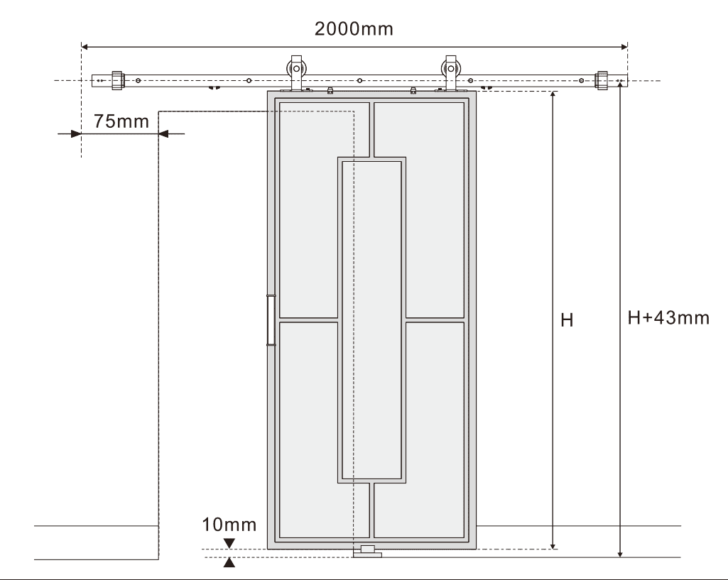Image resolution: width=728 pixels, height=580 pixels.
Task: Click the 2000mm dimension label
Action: point(354,30)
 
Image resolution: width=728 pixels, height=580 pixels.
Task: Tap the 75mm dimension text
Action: point(121,121)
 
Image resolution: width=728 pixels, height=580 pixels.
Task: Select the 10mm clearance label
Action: point(229,525)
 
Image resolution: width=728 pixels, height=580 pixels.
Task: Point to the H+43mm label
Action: point(668,317)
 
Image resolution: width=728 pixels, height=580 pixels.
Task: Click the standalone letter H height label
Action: point(567,321)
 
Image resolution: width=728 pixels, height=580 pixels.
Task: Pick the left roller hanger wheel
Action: point(295,71)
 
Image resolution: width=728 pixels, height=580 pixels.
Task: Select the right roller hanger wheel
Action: point(450,71)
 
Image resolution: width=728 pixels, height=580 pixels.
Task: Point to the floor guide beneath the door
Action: point(367,552)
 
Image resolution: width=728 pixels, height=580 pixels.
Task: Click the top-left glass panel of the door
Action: point(324,209)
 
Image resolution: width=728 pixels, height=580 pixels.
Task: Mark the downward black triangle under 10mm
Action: point(229,543)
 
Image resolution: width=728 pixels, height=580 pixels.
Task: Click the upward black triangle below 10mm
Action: point(229,563)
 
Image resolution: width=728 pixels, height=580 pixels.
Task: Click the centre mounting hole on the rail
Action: point(360,81)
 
